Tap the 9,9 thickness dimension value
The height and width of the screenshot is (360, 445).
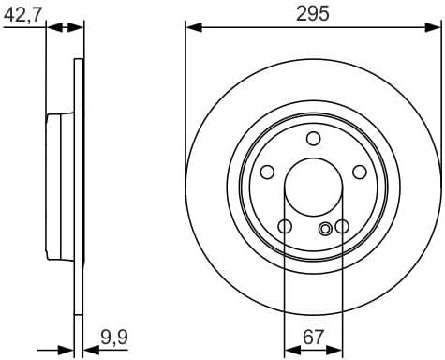tap(113, 335)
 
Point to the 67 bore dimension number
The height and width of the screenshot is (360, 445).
tap(314, 335)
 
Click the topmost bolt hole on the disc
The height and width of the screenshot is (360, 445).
tap(313, 140)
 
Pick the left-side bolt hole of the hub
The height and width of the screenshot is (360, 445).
tap(267, 172)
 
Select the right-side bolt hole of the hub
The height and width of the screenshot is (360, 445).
tap(360, 172)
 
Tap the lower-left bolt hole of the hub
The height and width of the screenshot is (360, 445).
tap(285, 226)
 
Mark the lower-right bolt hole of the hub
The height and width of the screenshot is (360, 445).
tap(342, 226)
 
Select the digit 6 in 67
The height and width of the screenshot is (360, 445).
tap(307, 335)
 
